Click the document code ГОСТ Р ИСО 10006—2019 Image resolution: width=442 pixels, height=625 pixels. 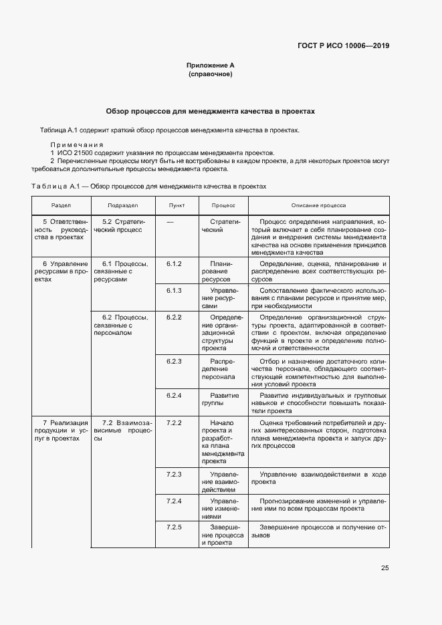343,46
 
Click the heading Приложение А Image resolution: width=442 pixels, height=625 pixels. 210,66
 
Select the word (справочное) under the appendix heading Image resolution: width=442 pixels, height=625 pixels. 210,74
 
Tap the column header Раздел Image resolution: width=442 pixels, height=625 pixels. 61,205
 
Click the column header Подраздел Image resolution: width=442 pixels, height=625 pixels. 122,205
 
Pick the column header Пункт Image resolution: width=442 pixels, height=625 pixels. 177,205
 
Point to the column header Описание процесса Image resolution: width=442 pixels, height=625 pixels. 318,205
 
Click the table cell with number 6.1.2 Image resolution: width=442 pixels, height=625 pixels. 175,264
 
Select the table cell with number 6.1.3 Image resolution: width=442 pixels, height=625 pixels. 175,291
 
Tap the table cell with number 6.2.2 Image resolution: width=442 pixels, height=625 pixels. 175,316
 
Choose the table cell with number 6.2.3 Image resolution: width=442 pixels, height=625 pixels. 175,362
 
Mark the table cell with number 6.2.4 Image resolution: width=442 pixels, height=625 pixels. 175,396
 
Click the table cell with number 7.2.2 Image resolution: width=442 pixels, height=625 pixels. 175,423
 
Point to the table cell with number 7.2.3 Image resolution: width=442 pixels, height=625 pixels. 175,474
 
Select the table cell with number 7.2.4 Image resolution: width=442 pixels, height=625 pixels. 175,501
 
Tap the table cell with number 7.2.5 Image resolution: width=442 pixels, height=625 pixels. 175,527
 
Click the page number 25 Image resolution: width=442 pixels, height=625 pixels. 384,568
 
